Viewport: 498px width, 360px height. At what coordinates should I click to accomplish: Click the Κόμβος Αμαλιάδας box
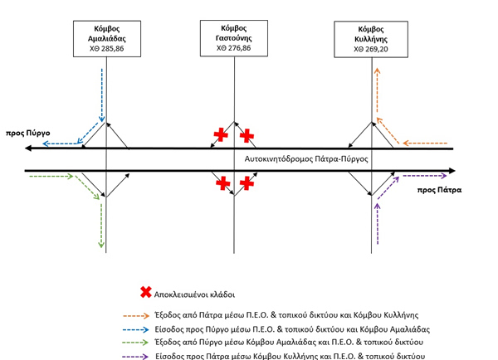pyautogui.click(x=107, y=39)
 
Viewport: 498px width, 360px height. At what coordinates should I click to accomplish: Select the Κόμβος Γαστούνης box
pyautogui.click(x=234, y=38)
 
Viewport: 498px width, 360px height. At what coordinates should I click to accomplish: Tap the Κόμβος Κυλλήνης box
pyautogui.click(x=371, y=39)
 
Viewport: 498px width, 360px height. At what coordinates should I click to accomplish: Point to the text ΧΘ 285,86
pyautogui.click(x=107, y=49)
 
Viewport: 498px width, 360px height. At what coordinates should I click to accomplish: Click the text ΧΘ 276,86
pyautogui.click(x=234, y=48)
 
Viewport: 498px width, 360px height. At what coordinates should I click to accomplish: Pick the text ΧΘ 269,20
pyautogui.click(x=371, y=49)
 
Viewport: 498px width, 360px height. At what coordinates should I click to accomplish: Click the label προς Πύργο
pyautogui.click(x=28, y=133)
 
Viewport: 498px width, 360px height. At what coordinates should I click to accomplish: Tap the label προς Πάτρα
pyautogui.click(x=439, y=190)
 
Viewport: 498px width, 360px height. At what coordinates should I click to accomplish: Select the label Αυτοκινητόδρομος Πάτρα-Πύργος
pyautogui.click(x=306, y=158)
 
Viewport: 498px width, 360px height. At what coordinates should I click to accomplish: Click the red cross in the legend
pyautogui.click(x=146, y=292)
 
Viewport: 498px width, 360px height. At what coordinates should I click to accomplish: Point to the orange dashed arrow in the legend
pyautogui.click(x=136, y=315)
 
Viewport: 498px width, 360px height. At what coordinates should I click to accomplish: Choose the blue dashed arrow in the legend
pyautogui.click(x=136, y=329)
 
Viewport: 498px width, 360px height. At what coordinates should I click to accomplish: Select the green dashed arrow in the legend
pyautogui.click(x=136, y=343)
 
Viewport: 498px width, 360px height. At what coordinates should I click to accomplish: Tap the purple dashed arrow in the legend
pyautogui.click(x=135, y=357)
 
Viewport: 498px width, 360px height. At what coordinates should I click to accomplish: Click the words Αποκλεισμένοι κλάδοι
pyautogui.click(x=194, y=295)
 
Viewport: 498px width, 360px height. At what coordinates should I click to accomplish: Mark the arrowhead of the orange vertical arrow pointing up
pyautogui.click(x=377, y=71)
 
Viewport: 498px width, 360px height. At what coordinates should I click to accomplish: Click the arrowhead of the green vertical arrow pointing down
pyautogui.click(x=101, y=245)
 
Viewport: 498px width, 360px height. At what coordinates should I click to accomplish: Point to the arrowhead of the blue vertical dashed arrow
pyautogui.click(x=102, y=119)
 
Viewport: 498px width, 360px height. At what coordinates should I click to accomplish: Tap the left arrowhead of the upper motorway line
pyautogui.click(x=28, y=148)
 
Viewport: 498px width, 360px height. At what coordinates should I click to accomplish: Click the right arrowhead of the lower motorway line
pyautogui.click(x=452, y=171)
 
